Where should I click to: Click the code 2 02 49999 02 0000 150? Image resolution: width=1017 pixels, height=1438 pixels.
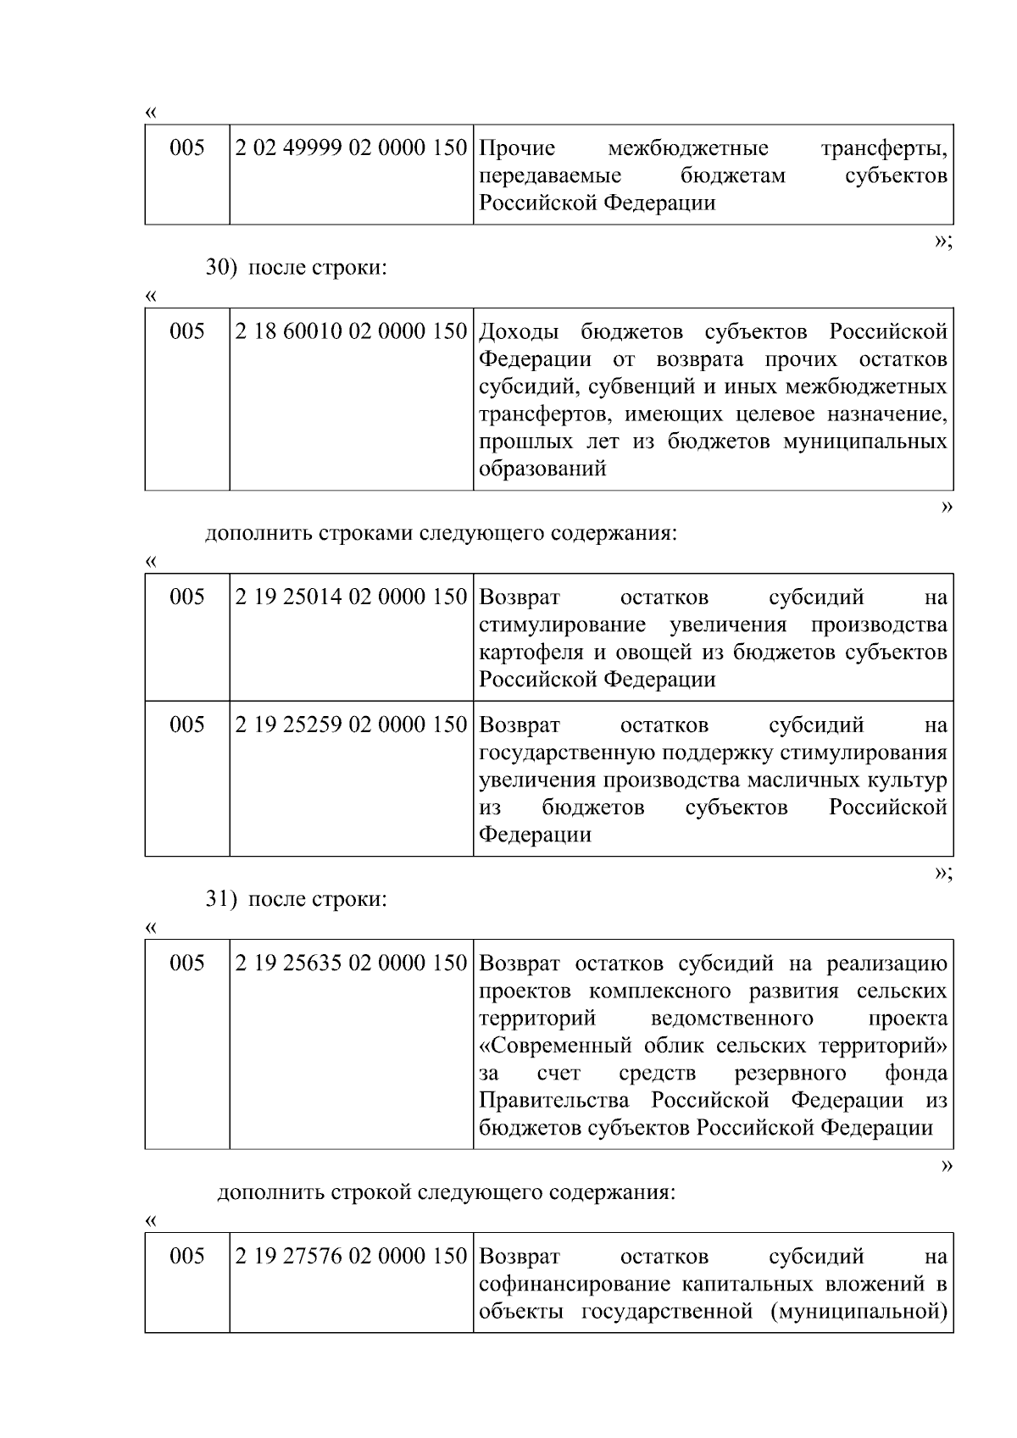point(351,148)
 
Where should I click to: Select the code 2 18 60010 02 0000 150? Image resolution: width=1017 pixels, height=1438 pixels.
point(351,331)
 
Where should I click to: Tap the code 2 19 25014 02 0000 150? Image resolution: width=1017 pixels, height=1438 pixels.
point(351,597)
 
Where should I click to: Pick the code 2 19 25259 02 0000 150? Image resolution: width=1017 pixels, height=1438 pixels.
point(351,725)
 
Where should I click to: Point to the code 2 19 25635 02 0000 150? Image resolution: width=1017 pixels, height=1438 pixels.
point(351,963)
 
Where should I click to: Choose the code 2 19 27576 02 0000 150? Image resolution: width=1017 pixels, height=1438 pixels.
point(351,1256)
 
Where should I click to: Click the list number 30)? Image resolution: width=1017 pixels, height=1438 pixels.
point(222,268)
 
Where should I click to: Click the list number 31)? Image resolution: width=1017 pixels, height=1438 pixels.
point(222,899)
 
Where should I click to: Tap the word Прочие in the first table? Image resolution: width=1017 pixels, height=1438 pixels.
point(517,149)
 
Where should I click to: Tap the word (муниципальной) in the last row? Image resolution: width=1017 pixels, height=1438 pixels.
point(859,1312)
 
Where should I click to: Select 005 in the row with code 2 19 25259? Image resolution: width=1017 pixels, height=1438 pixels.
point(187,725)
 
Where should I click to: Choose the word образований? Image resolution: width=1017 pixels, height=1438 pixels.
point(542,469)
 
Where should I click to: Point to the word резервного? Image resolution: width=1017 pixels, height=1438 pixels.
point(791,1074)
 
